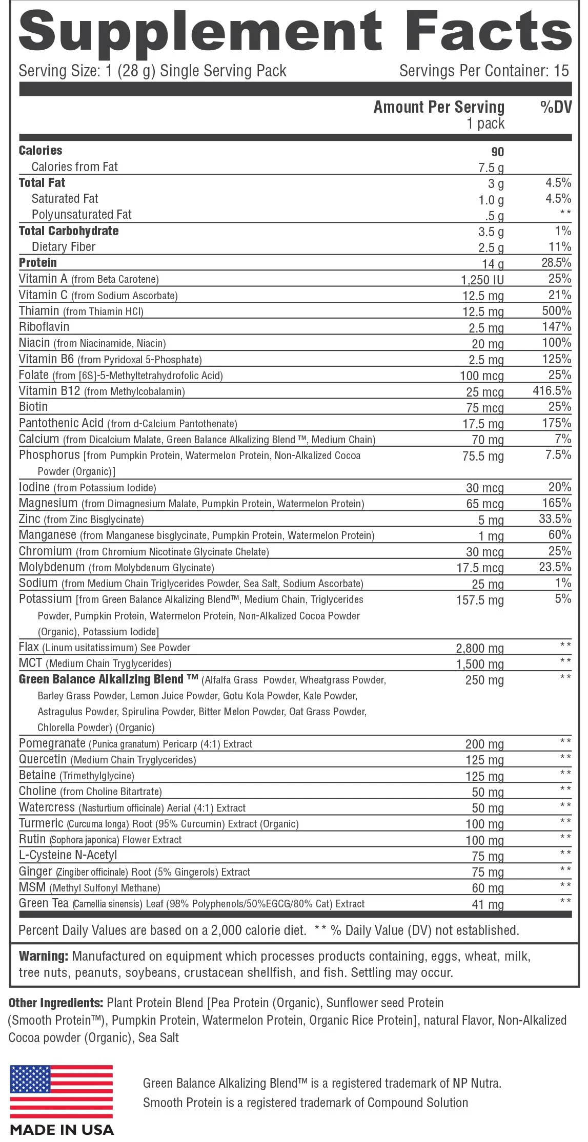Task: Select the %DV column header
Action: pyautogui.click(x=556, y=107)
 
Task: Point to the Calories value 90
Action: pyautogui.click(x=497, y=152)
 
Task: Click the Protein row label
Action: pyautogui.click(x=38, y=263)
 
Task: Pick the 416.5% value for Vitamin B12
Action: pyautogui.click(x=552, y=391)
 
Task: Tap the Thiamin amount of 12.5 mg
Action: pyautogui.click(x=483, y=312)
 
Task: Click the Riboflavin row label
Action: pyautogui.click(x=44, y=327)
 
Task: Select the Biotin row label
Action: pyautogui.click(x=33, y=407)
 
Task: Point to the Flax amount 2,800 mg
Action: pyautogui.click(x=480, y=648)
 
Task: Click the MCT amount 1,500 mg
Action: pyautogui.click(x=480, y=664)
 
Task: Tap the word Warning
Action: pyautogui.click(x=44, y=956)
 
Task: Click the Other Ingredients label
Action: pyautogui.click(x=56, y=1003)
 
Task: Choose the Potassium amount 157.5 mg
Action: pyautogui.click(x=480, y=600)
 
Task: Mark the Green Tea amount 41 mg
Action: pyautogui.click(x=488, y=904)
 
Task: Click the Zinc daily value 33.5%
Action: pyautogui.click(x=555, y=519)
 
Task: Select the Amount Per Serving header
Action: pyautogui.click(x=439, y=107)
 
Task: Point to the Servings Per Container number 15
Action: pyautogui.click(x=561, y=71)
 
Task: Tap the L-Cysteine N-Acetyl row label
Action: pyautogui.click(x=68, y=855)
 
